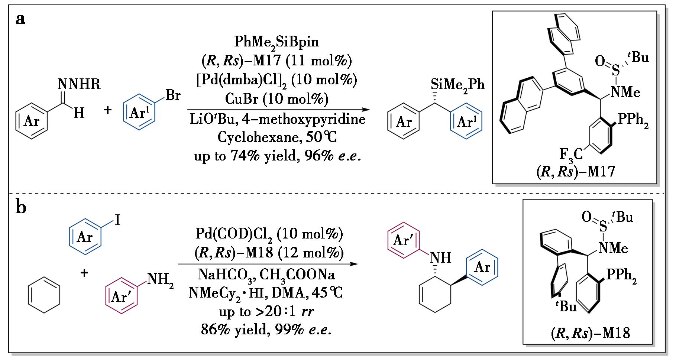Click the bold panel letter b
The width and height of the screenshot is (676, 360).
(21, 207)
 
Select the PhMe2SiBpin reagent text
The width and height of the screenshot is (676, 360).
(276, 42)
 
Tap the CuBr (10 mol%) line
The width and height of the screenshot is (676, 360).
(276, 99)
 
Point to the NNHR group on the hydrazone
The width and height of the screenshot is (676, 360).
(79, 85)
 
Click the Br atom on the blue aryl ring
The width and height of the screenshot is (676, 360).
(173, 95)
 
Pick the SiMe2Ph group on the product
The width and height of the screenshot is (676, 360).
(458, 85)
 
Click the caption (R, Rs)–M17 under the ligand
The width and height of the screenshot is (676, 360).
(576, 172)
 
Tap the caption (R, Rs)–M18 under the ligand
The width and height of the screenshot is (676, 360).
(590, 333)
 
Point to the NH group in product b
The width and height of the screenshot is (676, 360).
(441, 257)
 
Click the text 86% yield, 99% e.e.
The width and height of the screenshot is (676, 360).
(266, 330)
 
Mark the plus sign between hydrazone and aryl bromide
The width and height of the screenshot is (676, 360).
(108, 110)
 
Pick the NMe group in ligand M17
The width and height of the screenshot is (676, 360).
(626, 92)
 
